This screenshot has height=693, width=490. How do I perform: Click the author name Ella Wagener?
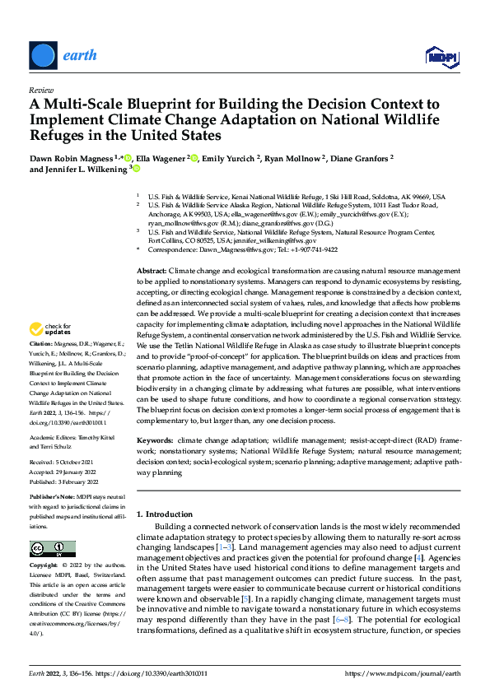tap(161, 157)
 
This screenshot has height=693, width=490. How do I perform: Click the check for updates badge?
tap(49, 351)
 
